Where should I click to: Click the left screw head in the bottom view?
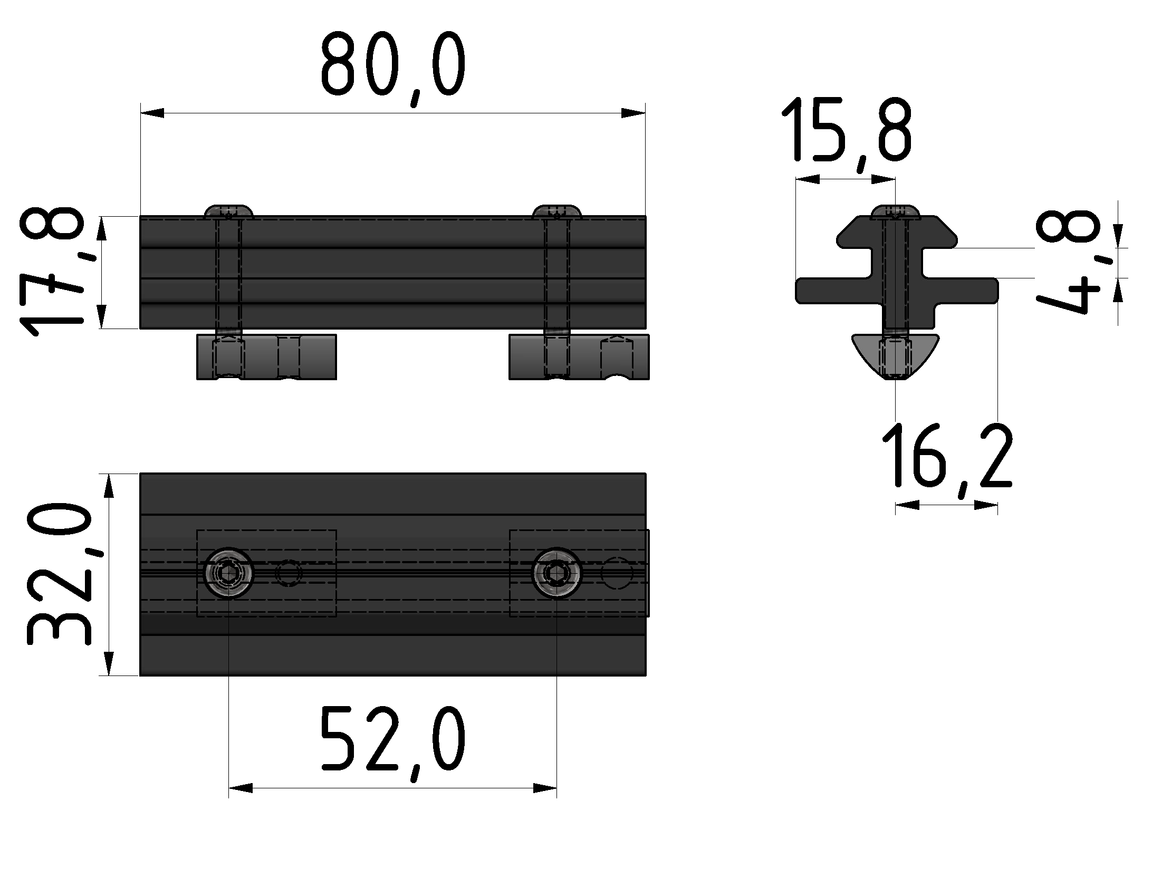pos(228,573)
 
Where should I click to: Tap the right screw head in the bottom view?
pos(556,573)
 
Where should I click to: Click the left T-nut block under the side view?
pos(266,356)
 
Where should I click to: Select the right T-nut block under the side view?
pos(579,357)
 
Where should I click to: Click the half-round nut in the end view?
pos(895,355)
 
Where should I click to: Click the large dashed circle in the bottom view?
pos(617,573)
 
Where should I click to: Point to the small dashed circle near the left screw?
pos(289,573)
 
